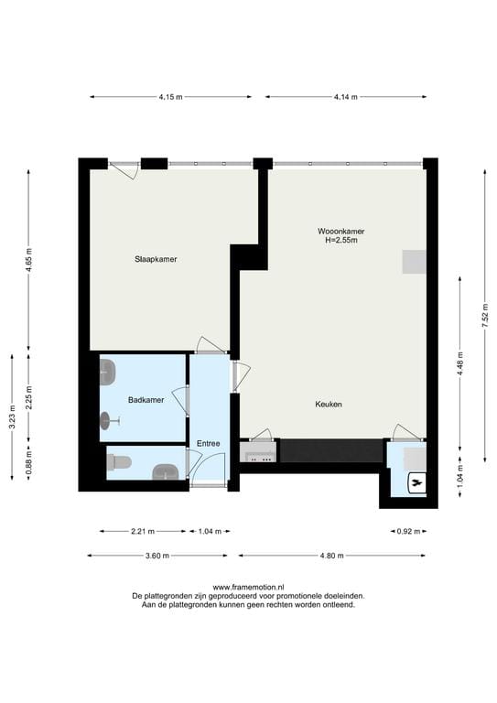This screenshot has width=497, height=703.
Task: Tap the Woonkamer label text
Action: pos(340,232)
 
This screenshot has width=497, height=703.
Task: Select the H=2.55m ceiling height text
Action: pos(340,241)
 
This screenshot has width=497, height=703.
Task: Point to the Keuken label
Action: pos(329,405)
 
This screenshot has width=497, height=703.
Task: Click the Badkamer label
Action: pos(146,400)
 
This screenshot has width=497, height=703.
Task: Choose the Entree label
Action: pos(209,444)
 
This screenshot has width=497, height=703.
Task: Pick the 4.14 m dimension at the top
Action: pos(345,96)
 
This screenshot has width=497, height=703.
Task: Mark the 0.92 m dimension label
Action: pos(408,531)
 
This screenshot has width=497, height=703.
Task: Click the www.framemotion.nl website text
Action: pos(248,587)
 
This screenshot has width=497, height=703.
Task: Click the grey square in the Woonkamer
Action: pos(414,262)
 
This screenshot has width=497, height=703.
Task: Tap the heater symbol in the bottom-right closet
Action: pos(416,480)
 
